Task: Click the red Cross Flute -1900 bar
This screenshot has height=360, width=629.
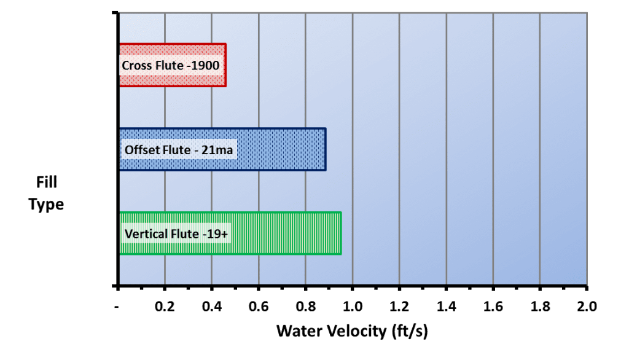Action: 173,65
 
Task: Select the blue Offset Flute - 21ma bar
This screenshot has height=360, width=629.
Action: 222,149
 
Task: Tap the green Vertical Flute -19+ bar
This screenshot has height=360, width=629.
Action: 230,233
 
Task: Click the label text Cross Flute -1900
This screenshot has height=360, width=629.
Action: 171,65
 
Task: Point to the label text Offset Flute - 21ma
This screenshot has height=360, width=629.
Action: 179,150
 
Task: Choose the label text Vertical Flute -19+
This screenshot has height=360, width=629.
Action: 176,233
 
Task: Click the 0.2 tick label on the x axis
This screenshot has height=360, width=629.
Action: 165,307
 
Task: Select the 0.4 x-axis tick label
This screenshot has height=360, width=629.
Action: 212,307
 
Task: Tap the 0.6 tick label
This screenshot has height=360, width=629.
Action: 259,307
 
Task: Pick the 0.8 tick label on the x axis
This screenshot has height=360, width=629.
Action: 306,307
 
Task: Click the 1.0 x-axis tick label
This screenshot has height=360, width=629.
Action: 353,307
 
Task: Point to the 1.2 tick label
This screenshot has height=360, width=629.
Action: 399,307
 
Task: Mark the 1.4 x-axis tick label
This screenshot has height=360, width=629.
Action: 447,307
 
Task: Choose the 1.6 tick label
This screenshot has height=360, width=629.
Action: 493,307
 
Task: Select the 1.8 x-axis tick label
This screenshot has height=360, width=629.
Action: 541,307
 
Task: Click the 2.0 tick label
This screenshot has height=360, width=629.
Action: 587,307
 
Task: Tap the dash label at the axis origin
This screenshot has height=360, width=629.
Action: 117,307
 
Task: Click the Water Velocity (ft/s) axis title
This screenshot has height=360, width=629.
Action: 352,332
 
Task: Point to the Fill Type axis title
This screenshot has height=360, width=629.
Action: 46,194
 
